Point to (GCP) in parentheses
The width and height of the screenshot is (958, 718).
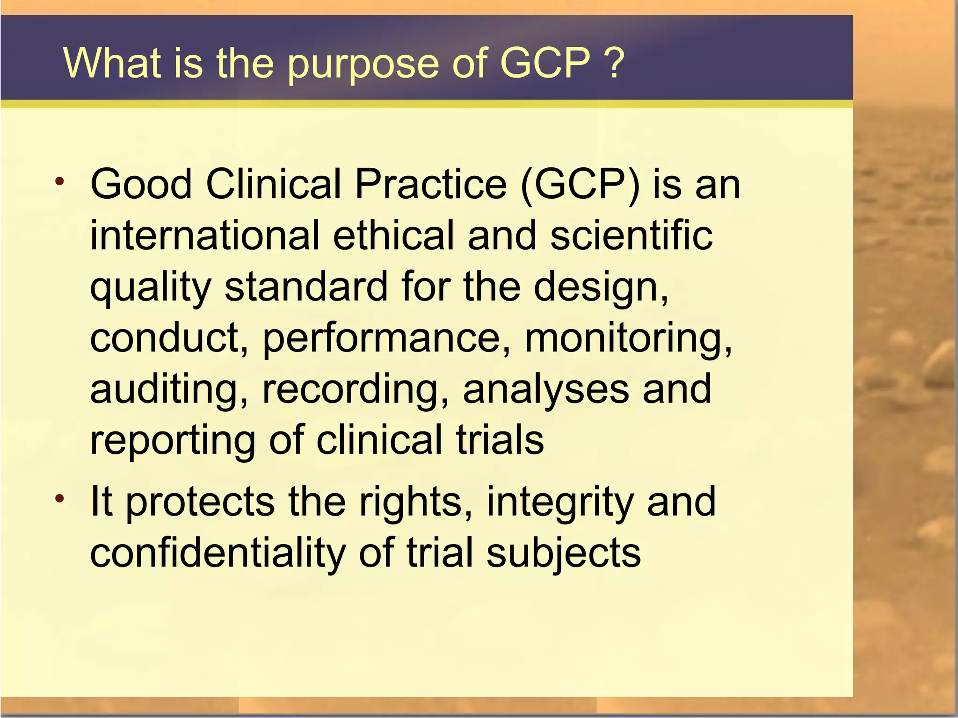click(580, 185)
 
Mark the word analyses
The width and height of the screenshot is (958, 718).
click(545, 390)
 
